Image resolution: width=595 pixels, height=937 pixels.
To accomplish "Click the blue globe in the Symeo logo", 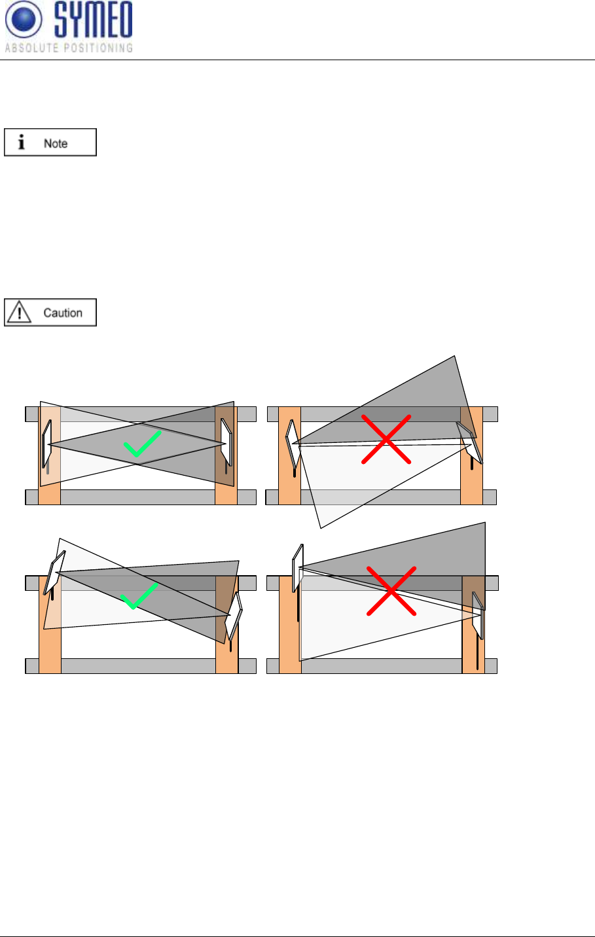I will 24,20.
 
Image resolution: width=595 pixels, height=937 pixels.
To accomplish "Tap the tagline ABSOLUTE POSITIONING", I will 69,48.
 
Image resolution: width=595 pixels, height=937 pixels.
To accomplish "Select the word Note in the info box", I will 56,143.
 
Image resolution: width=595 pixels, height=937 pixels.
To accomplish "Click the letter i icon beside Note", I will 22,143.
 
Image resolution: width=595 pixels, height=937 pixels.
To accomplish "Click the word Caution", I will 63,313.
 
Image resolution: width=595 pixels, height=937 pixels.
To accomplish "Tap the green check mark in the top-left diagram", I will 143,444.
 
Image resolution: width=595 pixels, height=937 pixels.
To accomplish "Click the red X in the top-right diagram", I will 386,439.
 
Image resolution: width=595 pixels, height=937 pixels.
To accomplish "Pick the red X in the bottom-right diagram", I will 391,591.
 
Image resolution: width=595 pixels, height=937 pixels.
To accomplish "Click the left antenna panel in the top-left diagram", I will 47,443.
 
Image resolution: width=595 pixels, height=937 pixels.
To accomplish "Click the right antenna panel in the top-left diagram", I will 227,442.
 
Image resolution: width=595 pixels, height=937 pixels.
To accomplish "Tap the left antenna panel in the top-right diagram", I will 291,444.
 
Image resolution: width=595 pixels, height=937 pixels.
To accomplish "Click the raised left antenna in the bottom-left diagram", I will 54,572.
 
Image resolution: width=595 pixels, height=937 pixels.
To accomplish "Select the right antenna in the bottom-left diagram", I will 234,615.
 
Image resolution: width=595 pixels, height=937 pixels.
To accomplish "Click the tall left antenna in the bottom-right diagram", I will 297,567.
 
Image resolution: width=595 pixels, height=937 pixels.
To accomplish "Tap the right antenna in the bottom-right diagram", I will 478,615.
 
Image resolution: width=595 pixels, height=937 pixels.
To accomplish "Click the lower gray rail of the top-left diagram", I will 137,497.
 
